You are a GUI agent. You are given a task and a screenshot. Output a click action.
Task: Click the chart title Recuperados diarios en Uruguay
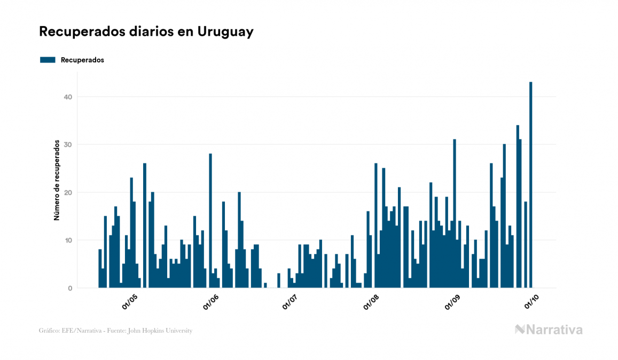point(146,32)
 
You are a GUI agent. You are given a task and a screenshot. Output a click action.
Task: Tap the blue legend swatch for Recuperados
point(48,60)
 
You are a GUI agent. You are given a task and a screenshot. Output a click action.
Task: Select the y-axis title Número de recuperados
point(56,181)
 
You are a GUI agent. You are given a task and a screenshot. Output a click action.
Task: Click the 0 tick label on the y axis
point(69,288)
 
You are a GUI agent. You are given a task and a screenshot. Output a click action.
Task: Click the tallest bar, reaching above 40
point(531,184)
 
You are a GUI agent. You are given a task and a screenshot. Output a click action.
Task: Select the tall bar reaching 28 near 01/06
point(210,220)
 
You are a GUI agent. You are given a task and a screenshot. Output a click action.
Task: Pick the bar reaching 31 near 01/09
point(455,213)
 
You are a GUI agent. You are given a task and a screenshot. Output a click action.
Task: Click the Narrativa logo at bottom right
point(549,330)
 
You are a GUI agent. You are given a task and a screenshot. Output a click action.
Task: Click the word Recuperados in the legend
point(82,60)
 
